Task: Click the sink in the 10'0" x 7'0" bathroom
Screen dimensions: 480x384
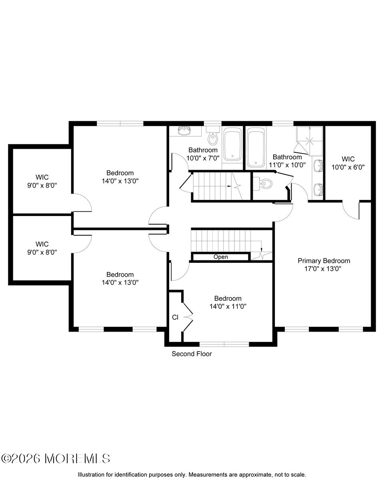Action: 185,130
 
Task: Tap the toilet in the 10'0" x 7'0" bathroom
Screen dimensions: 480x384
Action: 213,137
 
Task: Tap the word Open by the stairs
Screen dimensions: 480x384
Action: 220,257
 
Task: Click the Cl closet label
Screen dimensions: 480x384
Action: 175,317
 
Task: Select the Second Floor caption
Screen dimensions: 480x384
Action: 192,354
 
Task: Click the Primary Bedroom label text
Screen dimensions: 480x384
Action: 324,261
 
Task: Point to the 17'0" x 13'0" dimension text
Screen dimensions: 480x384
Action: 324,269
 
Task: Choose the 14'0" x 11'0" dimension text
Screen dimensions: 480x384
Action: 228,306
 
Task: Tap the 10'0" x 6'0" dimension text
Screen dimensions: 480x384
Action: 348,167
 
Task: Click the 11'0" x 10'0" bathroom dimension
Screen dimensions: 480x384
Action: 287,164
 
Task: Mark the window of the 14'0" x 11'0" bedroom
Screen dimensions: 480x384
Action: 224,344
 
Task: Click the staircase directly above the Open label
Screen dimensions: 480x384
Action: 224,240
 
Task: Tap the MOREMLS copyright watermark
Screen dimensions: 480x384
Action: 56,458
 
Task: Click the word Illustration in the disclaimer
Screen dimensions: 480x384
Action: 91,474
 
